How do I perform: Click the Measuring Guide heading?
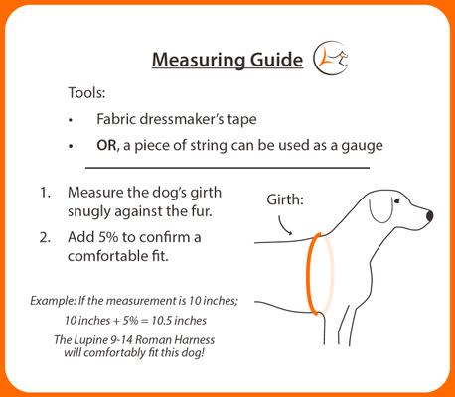227,61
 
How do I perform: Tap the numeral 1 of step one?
45,192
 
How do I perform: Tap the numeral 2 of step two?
45,238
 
